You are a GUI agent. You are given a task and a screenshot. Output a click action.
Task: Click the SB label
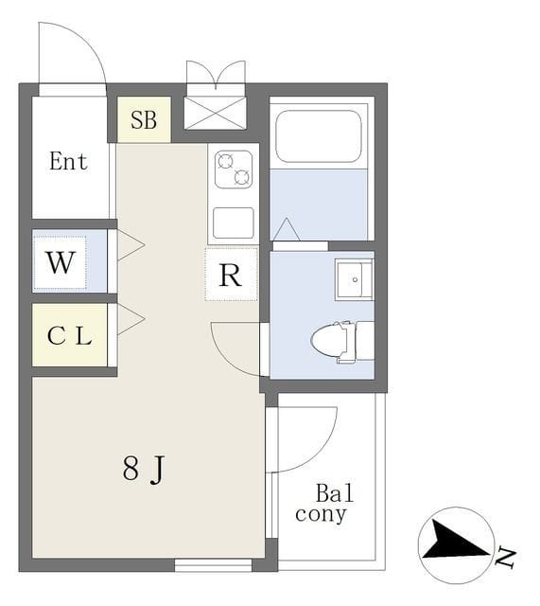[144, 120]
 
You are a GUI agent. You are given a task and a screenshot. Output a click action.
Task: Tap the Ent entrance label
[68, 161]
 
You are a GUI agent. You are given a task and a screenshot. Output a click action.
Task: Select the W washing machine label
[61, 263]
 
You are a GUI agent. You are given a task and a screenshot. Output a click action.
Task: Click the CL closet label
[69, 335]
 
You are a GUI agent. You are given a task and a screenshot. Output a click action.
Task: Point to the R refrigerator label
[231, 276]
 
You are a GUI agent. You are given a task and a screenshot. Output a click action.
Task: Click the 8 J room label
[144, 469]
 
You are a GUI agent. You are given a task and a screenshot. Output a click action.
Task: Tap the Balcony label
[324, 504]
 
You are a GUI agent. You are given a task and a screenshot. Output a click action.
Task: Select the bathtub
[319, 136]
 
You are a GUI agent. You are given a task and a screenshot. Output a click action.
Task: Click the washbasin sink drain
[355, 279]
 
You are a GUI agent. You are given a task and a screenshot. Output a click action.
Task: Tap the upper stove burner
[226, 162]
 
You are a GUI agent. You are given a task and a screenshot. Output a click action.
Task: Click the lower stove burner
[242, 177]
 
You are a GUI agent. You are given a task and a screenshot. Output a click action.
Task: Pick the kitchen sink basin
[234, 223]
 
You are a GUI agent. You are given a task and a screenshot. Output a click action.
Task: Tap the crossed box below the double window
[215, 113]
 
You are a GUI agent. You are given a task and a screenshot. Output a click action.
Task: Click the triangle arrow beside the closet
[131, 319]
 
